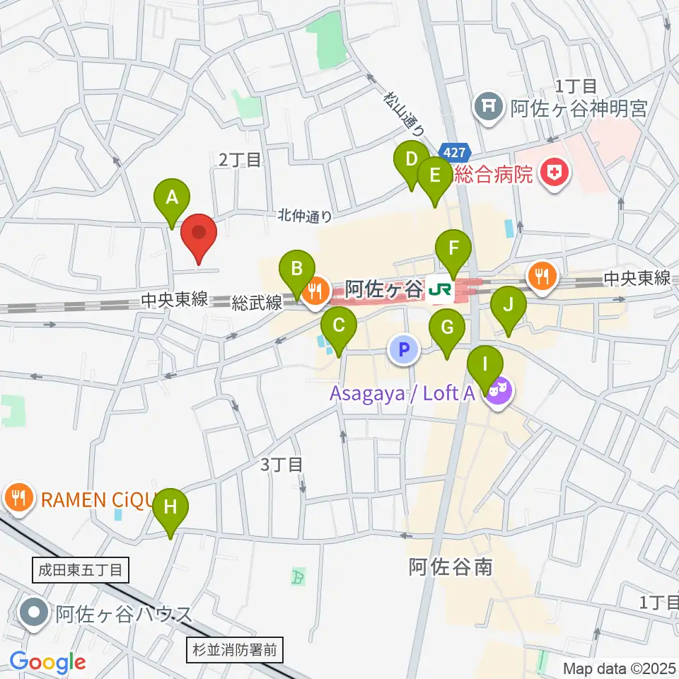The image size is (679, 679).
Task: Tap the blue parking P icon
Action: click(403, 349)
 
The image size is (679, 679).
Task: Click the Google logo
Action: click(47, 662)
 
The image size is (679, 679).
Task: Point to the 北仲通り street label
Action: click(304, 214)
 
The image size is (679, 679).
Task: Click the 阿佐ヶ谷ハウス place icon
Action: click(33, 613)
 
